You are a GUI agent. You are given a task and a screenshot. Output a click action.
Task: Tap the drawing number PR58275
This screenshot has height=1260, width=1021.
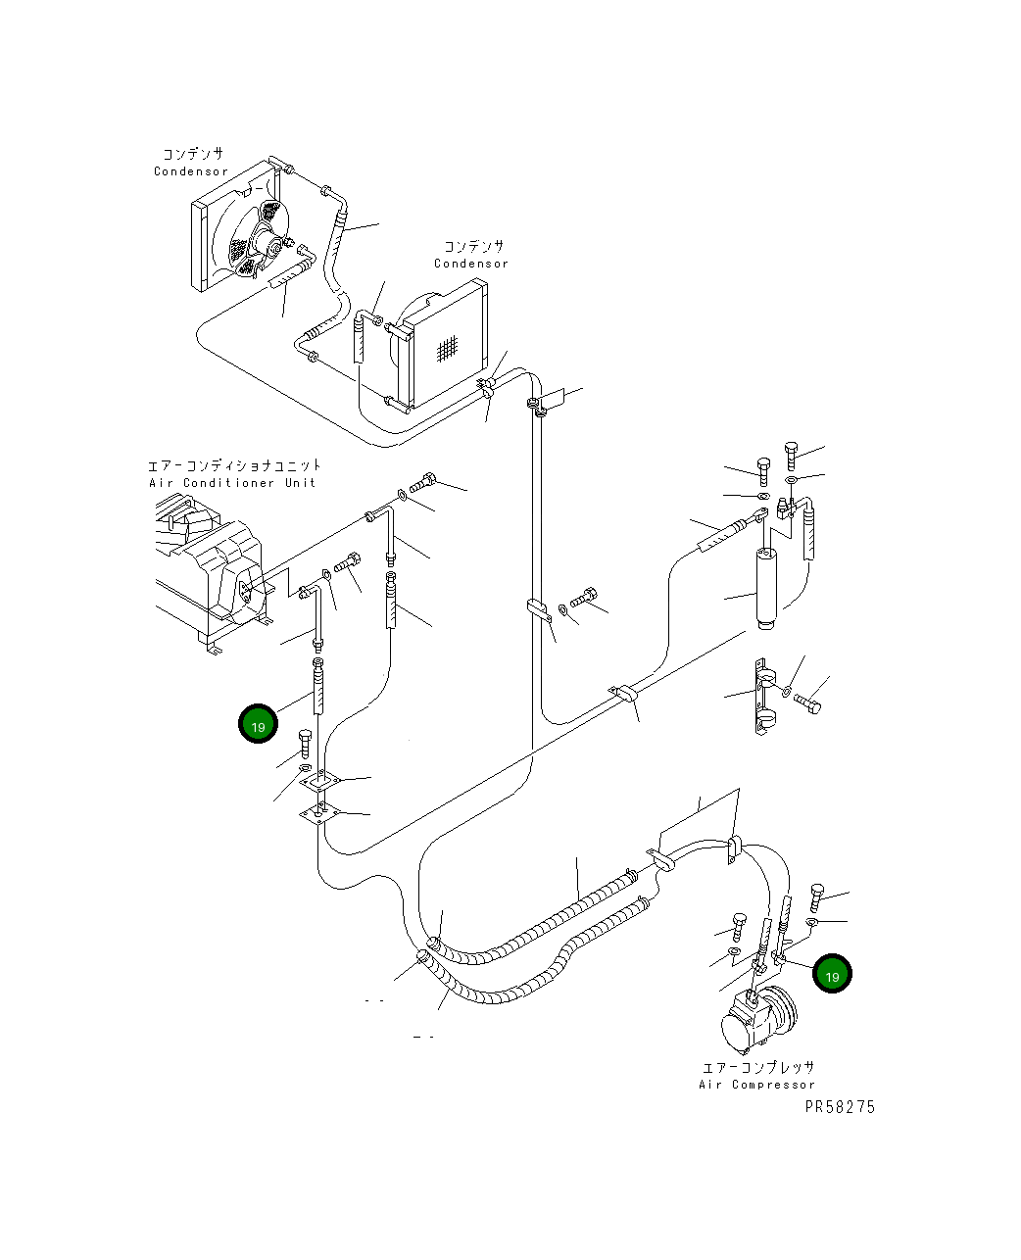[840, 1107]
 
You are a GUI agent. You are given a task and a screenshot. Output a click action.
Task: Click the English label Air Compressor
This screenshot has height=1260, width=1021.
[756, 1085]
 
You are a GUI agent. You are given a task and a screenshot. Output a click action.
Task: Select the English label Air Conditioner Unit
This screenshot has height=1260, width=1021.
[232, 483]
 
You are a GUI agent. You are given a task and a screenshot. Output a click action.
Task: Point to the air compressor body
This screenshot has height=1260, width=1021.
[758, 1019]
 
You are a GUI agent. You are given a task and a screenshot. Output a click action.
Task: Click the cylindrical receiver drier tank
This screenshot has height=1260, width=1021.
[766, 590]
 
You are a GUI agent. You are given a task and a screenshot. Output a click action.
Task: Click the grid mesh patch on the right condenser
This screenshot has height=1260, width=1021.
[447, 349]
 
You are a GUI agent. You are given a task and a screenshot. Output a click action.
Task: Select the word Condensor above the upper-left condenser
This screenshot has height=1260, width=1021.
[190, 171]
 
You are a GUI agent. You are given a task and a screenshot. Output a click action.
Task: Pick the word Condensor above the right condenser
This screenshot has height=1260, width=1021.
[471, 264]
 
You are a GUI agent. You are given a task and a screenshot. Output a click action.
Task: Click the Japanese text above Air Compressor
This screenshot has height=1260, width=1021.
[757, 1067]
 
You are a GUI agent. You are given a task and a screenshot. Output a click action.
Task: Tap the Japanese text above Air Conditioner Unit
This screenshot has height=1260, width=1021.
[234, 465]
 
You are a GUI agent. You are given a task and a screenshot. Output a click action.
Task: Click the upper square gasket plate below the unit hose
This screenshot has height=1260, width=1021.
[320, 781]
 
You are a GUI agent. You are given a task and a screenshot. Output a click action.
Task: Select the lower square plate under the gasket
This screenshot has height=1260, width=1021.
[320, 814]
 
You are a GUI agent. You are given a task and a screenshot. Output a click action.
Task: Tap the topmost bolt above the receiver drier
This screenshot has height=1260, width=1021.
[792, 455]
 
